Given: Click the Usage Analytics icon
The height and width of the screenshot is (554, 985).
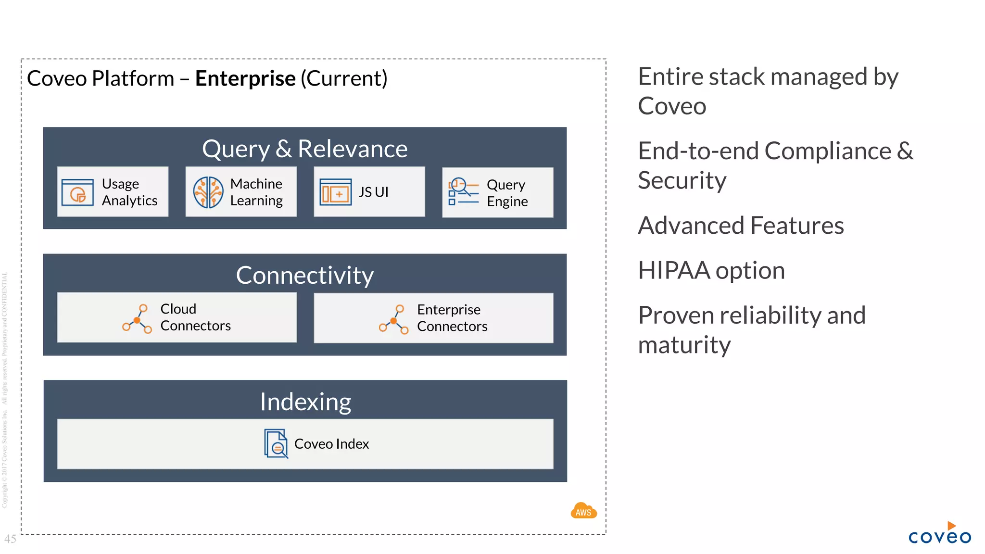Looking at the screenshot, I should click(x=77, y=192).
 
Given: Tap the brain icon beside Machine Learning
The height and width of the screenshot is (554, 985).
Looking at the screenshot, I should click(x=208, y=192).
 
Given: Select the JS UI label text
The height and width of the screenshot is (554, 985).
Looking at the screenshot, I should click(x=373, y=192).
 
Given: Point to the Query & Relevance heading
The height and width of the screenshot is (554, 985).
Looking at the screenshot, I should click(x=304, y=149).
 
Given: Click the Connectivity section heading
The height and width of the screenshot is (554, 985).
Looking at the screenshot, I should click(x=304, y=275).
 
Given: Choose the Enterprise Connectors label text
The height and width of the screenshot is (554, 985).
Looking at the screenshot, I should click(x=452, y=318).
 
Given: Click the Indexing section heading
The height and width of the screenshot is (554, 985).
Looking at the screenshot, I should click(x=305, y=402).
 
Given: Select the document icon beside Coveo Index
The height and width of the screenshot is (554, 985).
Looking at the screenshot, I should click(x=276, y=443).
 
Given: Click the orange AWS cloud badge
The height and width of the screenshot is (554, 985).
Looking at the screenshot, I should click(x=583, y=511).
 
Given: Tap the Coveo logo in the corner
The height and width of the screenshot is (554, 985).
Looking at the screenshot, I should click(x=939, y=534).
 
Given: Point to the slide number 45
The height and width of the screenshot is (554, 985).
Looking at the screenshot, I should click(x=10, y=539).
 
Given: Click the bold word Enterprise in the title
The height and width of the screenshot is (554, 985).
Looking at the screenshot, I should click(x=245, y=78).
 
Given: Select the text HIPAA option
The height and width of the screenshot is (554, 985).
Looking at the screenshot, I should click(x=711, y=270).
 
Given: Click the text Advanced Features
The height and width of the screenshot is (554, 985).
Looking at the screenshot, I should click(x=741, y=226).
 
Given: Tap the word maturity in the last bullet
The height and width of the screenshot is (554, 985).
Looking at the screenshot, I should click(x=684, y=345).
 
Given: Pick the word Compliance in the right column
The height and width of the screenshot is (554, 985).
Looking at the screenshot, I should click(x=827, y=151).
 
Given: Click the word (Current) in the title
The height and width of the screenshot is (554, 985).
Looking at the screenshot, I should click(x=344, y=78).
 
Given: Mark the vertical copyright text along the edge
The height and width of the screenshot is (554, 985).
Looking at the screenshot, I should click(x=4, y=390).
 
